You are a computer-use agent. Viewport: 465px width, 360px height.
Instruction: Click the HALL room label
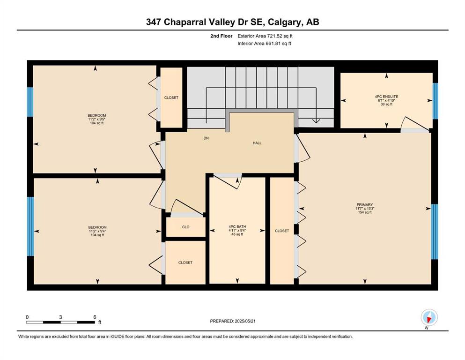pos(257,143)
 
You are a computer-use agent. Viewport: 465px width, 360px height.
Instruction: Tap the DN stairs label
pos(206,138)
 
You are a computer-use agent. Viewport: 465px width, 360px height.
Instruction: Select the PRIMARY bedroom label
pos(365,205)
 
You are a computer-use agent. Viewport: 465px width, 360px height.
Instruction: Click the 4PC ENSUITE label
pos(386,97)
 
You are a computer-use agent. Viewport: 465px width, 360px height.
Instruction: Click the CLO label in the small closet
pos(185,227)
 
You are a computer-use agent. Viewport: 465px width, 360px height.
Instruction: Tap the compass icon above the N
pos(429,317)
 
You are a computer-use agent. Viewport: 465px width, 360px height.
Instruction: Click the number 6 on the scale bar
pos(95,317)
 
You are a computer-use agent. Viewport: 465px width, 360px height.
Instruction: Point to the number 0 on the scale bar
pos(27,317)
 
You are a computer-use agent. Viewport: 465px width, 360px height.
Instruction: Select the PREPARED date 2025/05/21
pos(245,321)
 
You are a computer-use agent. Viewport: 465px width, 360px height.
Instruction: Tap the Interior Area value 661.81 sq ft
pos(279,44)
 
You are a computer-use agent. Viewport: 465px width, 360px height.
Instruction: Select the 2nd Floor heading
pos(221,36)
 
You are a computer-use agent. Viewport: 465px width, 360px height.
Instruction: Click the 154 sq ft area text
pos(365,212)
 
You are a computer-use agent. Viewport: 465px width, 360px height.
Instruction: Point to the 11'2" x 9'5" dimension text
pos(96,120)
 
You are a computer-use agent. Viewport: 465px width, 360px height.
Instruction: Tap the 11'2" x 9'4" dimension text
pos(97,231)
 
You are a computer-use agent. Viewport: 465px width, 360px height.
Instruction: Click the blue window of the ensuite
pos(435,101)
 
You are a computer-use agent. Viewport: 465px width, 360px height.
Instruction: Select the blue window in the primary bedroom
pos(435,232)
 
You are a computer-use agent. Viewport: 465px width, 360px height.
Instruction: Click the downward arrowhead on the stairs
pos(316,121)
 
